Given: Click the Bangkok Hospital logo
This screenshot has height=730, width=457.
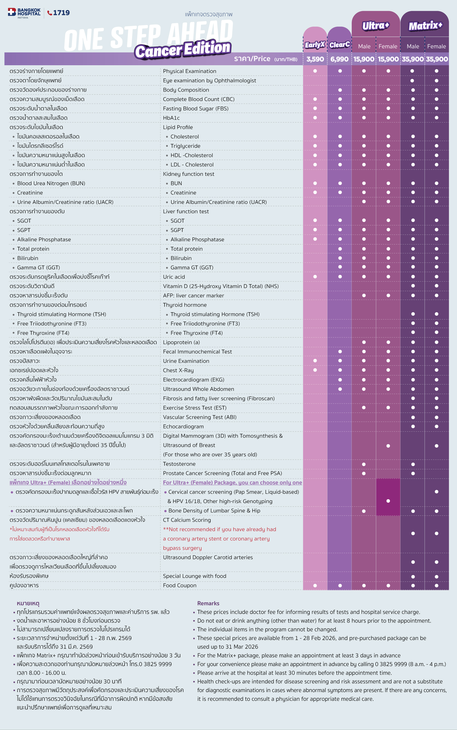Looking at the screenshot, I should click(24, 13).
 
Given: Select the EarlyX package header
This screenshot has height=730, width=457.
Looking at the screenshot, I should click(315, 45).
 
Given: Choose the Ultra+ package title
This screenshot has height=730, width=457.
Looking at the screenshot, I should click(376, 26).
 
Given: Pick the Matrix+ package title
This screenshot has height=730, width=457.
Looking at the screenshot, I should click(425, 26).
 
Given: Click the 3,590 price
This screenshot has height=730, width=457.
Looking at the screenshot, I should click(315, 59).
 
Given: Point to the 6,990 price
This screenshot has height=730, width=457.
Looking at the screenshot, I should click(339, 59).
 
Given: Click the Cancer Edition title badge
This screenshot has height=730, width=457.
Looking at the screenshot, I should click(183, 50).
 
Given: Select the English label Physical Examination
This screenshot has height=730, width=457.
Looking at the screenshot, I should click(189, 71).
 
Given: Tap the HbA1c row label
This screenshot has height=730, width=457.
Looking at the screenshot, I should click(171, 118).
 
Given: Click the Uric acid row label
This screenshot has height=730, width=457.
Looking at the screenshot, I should click(174, 277).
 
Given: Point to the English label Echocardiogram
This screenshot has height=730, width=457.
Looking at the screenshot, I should click(183, 426).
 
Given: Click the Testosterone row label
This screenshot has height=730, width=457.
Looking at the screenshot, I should click(179, 464).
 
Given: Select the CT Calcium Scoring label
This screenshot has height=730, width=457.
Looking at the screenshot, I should click(187, 520).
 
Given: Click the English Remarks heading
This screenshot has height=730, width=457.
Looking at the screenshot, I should click(208, 603).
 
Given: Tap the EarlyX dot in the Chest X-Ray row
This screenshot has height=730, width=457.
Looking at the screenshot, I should click(315, 370).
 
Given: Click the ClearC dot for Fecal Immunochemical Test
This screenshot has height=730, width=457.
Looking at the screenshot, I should click(340, 351).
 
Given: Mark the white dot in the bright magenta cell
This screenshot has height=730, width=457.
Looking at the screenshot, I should click(388, 501).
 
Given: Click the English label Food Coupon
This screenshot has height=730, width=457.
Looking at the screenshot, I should click(180, 585).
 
